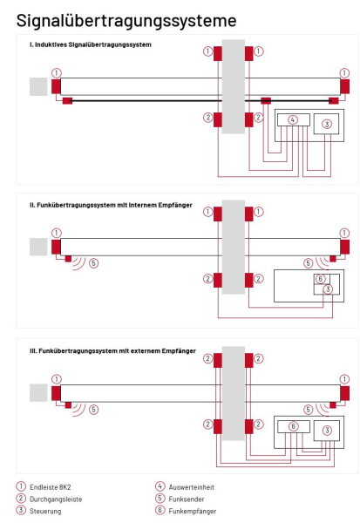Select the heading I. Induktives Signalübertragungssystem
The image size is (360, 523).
(88, 44)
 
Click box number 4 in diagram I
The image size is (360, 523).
(294, 120)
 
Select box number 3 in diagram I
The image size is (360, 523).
(327, 125)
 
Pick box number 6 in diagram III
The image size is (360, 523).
(294, 426)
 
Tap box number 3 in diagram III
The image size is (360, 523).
(327, 431)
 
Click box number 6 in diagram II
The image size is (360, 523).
(321, 278)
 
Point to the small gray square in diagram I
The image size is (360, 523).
(38, 86)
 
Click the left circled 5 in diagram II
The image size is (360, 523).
(93, 262)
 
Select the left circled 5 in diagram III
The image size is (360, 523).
(93, 408)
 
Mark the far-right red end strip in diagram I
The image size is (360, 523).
(345, 86)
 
